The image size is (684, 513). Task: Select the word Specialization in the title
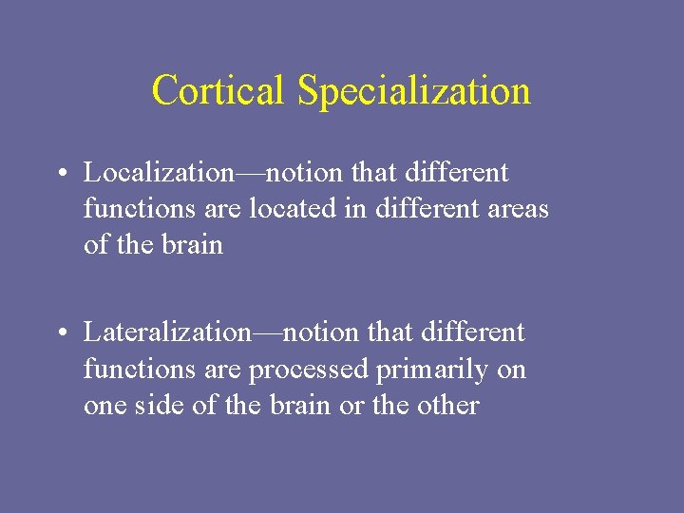click(413, 91)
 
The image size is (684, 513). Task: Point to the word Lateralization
click(167, 332)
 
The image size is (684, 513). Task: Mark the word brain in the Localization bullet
click(192, 245)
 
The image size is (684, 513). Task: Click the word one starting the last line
click(103, 405)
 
